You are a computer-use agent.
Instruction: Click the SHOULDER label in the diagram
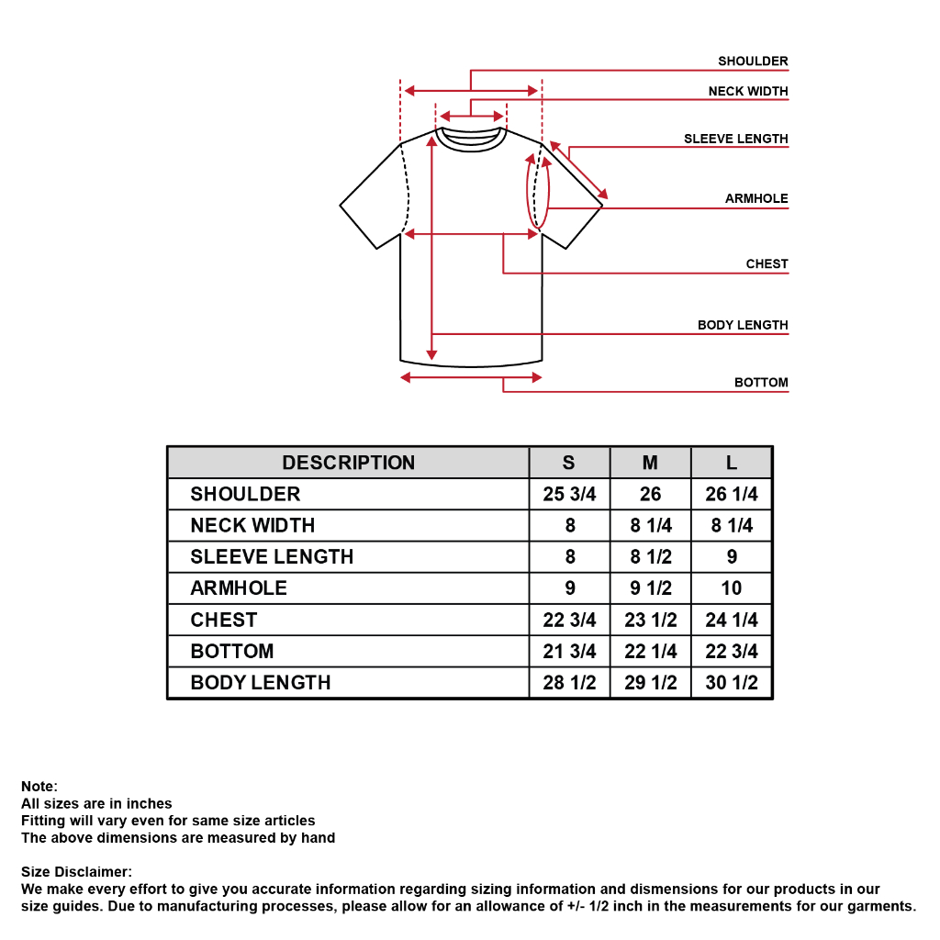pyautogui.click(x=753, y=62)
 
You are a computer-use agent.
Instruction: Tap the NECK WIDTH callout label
pyautogui.click(x=747, y=91)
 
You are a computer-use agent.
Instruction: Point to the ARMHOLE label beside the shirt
pyautogui.click(x=756, y=198)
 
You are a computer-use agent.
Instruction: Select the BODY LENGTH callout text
pyautogui.click(x=742, y=325)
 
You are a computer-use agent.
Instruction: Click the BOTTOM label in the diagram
pyautogui.click(x=761, y=383)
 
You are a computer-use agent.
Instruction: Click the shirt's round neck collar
pyautogui.click(x=471, y=144)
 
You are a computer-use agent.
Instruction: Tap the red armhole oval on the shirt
pyautogui.click(x=527, y=192)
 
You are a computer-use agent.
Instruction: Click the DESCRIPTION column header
pyautogui.click(x=348, y=463)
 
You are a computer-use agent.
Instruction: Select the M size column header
pyautogui.click(x=650, y=463)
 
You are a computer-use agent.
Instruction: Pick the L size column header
pyautogui.click(x=732, y=463)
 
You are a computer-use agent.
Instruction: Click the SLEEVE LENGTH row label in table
pyautogui.click(x=272, y=557)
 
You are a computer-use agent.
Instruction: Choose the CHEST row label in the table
pyautogui.click(x=224, y=620)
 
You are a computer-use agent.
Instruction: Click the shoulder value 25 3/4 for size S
pyautogui.click(x=569, y=494)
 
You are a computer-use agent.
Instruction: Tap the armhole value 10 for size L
pyautogui.click(x=732, y=588)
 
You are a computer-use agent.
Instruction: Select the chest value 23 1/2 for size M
pyautogui.click(x=651, y=620)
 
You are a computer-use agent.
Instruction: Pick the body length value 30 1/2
pyautogui.click(x=732, y=683)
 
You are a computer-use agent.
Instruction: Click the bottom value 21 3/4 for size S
pyautogui.click(x=569, y=651)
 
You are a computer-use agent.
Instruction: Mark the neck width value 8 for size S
pyautogui.click(x=570, y=526)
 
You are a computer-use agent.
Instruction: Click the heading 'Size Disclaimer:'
pyautogui.click(x=76, y=872)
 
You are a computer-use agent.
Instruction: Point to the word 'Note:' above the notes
pyautogui.click(x=39, y=787)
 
